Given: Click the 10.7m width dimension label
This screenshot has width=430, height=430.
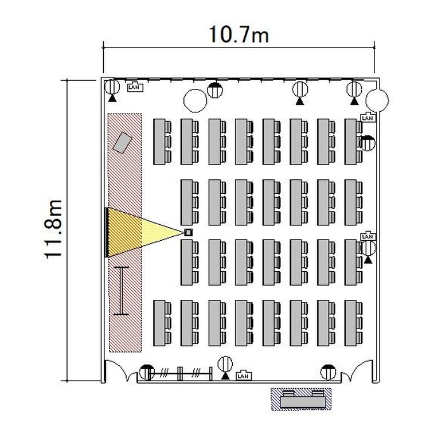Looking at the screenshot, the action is [x=239, y=34].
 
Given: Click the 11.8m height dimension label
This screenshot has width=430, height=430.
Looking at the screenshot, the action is [x=53, y=229].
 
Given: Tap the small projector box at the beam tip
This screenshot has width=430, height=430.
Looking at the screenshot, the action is [x=189, y=233].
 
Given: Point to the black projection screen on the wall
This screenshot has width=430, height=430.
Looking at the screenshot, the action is [x=106, y=233].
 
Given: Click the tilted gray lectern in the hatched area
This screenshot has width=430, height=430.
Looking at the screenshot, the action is [x=122, y=143].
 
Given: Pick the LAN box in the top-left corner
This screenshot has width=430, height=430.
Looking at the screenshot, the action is [x=135, y=87].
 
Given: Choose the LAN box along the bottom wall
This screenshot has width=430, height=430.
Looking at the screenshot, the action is [x=244, y=376].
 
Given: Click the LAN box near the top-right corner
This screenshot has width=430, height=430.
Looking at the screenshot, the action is [x=368, y=118].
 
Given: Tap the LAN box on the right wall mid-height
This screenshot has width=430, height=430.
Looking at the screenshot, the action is [x=368, y=236].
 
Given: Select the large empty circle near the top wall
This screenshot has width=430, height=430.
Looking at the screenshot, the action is [x=195, y=101].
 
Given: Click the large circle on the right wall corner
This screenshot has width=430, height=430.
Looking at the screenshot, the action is [x=378, y=100].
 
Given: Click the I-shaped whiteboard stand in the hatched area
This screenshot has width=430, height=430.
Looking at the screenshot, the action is [x=121, y=291].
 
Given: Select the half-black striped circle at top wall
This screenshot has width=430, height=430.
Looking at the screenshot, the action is [x=215, y=89].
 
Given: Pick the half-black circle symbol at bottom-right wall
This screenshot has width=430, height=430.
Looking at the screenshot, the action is [x=328, y=372].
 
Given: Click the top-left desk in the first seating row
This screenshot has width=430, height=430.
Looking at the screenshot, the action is [x=159, y=142].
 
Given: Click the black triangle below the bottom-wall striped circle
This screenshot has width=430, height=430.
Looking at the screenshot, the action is [x=225, y=376].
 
